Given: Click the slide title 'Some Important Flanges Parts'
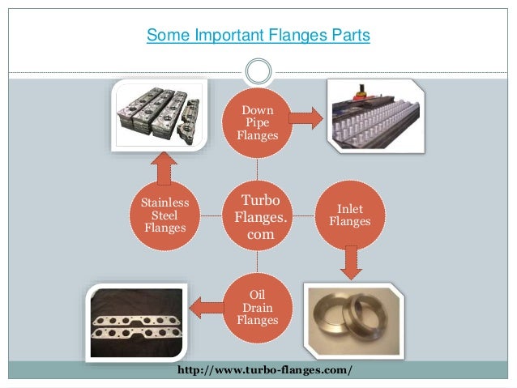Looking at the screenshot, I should [x=258, y=36].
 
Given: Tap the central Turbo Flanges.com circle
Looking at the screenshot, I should [x=258, y=215].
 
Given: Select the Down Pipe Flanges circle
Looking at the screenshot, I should [x=258, y=123].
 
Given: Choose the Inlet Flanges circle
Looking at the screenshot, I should [x=350, y=215].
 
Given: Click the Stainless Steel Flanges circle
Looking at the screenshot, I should [x=164, y=215].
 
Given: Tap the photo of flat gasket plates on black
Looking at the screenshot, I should [x=135, y=322].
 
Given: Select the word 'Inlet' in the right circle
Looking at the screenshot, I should [x=350, y=208].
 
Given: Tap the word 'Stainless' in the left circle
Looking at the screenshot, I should [x=164, y=202].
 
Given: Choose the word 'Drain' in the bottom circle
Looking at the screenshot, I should [x=258, y=307].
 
